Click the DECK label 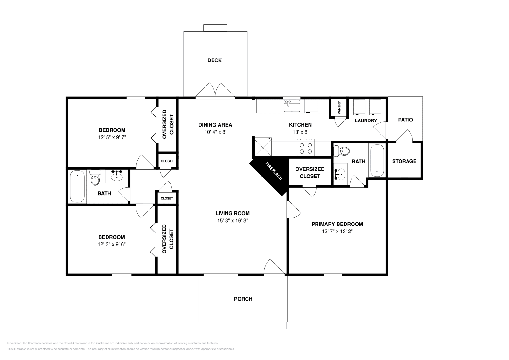click(214, 60)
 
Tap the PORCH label click(243, 299)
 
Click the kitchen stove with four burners click(306, 148)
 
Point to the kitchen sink click(292, 106)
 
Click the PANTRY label click(339, 108)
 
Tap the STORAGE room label click(404, 161)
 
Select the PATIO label click(405, 120)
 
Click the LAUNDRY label click(366, 121)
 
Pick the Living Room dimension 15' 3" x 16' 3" click(233, 220)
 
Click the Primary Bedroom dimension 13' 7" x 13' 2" click(337, 232)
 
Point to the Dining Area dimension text click(215, 132)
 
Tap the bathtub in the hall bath click(77, 186)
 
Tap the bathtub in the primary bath click(377, 161)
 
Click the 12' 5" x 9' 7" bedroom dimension click(112, 137)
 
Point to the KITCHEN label click(300, 125)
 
